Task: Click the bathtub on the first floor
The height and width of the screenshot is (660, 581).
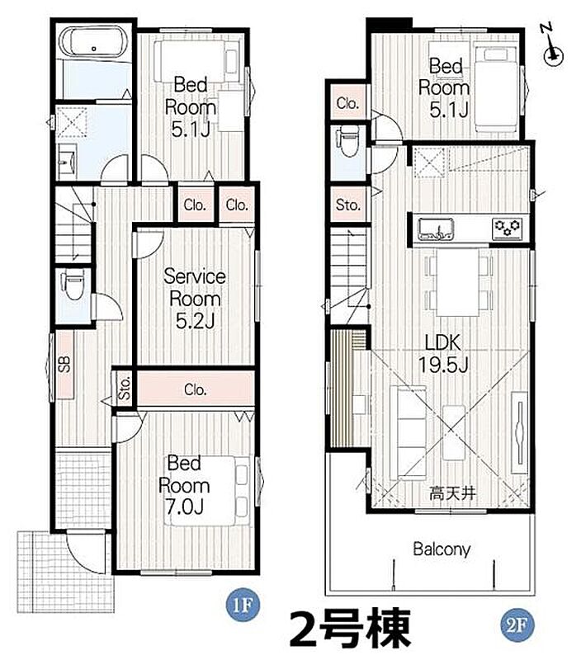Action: (94, 43)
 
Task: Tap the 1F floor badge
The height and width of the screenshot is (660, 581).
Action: (243, 606)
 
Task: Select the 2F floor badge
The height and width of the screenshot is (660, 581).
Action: (517, 625)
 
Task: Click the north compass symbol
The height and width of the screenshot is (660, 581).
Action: (552, 46)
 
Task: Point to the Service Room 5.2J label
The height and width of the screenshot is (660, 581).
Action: (195, 299)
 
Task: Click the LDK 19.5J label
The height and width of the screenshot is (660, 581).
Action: (443, 354)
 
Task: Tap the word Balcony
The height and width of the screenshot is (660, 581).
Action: (442, 549)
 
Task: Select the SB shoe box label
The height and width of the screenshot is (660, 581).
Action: (64, 364)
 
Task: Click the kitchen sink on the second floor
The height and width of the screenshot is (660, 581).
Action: (435, 229)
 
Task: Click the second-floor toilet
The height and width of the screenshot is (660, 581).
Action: (348, 141)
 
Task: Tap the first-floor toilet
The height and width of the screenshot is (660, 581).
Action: (73, 285)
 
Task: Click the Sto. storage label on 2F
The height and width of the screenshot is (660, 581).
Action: (348, 205)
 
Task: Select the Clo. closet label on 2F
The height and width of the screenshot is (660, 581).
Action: (347, 102)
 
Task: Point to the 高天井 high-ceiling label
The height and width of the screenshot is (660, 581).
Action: (452, 493)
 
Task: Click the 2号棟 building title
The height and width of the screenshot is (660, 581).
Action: (349, 629)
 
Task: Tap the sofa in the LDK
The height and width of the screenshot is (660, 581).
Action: (409, 432)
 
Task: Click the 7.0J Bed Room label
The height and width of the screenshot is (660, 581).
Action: (184, 485)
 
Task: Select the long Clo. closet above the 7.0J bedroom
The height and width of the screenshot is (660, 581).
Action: (196, 389)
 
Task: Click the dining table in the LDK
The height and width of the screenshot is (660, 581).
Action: (458, 282)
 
